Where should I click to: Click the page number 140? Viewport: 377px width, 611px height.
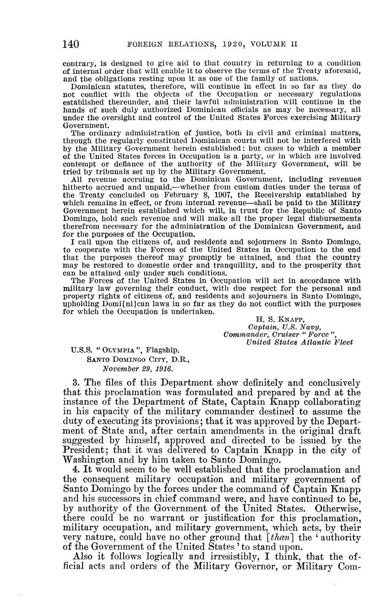click(71, 44)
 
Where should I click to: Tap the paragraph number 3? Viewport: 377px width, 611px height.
click(75, 382)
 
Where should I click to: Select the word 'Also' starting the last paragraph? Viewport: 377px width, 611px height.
click(82, 557)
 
